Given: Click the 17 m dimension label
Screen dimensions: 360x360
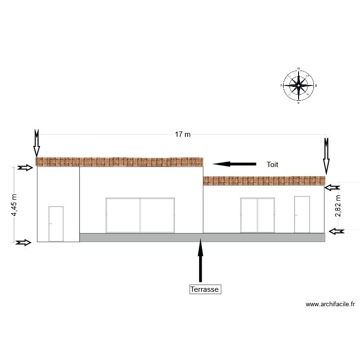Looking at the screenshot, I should [x=182, y=134].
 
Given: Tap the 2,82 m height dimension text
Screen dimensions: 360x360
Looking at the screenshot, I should [x=338, y=205].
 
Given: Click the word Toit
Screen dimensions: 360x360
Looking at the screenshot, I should [x=272, y=165].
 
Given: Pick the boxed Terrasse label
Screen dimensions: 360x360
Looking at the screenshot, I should [x=205, y=289].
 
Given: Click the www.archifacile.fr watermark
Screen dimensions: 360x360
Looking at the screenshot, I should [x=330, y=304].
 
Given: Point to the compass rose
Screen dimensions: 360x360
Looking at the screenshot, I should [x=299, y=85].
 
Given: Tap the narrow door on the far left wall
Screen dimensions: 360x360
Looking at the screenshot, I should [x=56, y=224].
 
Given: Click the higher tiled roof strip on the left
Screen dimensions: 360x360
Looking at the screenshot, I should [x=120, y=162].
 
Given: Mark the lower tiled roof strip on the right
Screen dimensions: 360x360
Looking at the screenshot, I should [x=264, y=180].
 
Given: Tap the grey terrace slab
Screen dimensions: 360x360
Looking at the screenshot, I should [x=202, y=237].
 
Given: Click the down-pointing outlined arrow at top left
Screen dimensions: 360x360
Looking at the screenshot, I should [x=37, y=143].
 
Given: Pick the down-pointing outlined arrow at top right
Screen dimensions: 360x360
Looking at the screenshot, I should [x=326, y=155].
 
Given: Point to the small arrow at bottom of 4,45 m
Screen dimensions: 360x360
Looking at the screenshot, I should [x=23, y=243].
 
